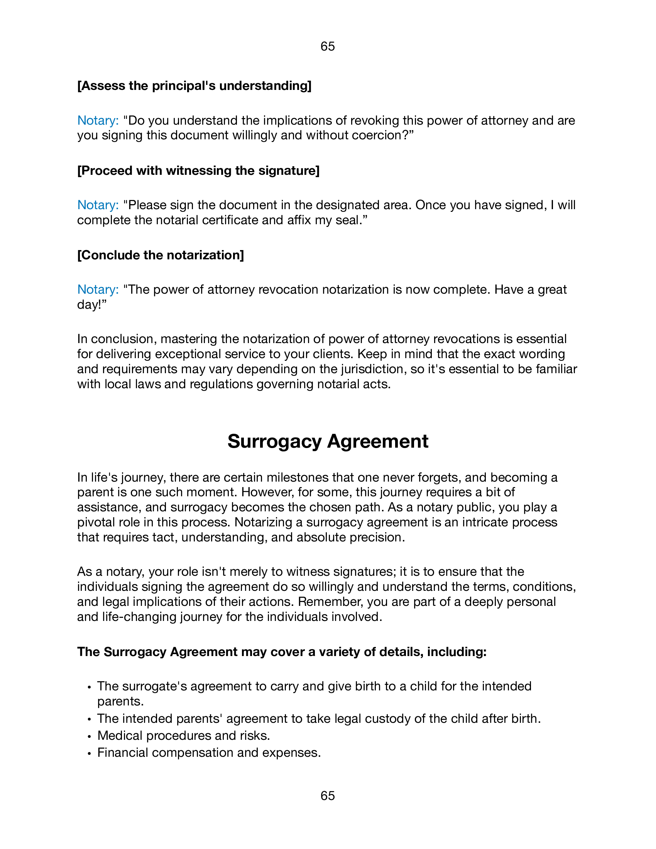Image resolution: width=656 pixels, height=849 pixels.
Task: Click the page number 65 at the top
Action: (328, 46)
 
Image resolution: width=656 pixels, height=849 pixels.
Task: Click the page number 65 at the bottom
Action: (328, 796)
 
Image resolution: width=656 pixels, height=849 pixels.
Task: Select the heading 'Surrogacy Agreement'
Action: (328, 441)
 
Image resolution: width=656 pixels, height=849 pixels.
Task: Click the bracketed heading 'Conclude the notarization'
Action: (161, 255)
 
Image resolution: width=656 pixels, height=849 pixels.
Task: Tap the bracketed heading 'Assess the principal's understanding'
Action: (194, 86)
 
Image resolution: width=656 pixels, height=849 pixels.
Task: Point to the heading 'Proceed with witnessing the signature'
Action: (198, 170)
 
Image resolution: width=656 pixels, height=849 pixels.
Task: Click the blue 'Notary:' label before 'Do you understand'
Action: (98, 120)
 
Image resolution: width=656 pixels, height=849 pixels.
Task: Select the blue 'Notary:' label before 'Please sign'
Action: (98, 205)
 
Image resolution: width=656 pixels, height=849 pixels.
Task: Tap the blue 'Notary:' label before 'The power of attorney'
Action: (98, 289)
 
